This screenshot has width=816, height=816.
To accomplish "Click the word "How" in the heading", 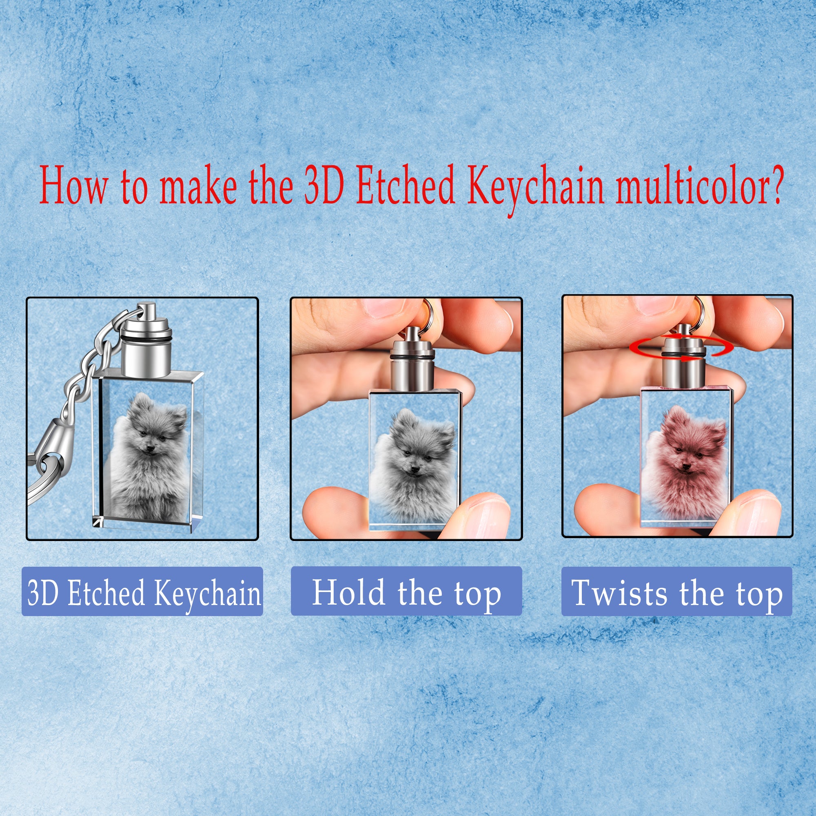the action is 73,186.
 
